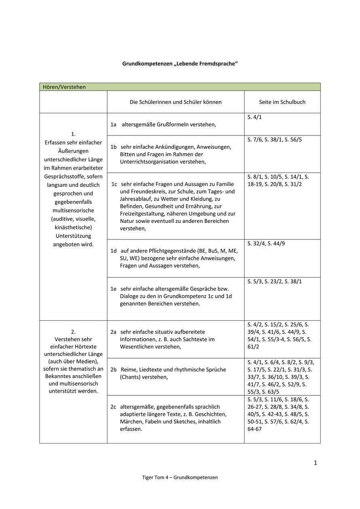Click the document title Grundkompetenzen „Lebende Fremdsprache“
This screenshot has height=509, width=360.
180,64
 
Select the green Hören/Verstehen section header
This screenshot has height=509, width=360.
64,87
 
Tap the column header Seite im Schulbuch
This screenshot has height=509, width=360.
282,102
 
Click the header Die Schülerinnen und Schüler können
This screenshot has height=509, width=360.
176,102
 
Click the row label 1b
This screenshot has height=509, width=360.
114,147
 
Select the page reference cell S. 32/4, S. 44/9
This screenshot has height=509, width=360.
266,243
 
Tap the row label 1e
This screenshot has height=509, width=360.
114,289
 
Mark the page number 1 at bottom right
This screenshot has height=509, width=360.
315,463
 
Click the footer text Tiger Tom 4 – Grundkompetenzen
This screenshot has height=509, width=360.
180,477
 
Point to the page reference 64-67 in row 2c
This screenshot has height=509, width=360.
254,429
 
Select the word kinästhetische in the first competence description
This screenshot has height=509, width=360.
73,227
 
